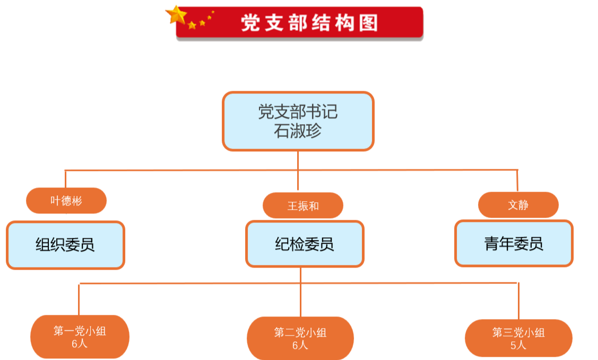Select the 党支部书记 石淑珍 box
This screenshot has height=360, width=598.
point(298,121)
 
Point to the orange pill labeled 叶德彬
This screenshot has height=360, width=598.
point(66,201)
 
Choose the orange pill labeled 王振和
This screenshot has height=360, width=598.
point(303,205)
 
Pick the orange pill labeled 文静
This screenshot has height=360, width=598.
point(518,205)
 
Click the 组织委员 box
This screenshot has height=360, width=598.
point(66,245)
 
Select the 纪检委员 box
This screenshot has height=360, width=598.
point(305,244)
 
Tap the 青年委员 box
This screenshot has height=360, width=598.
point(514,243)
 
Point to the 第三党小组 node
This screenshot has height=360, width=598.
point(518,338)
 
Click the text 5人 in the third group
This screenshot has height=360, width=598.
point(518,345)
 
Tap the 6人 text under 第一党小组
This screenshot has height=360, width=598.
point(80,344)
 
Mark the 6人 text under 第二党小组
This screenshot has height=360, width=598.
point(300,345)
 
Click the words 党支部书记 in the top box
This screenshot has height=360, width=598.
point(298,112)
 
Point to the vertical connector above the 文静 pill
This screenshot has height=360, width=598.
point(518,181)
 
